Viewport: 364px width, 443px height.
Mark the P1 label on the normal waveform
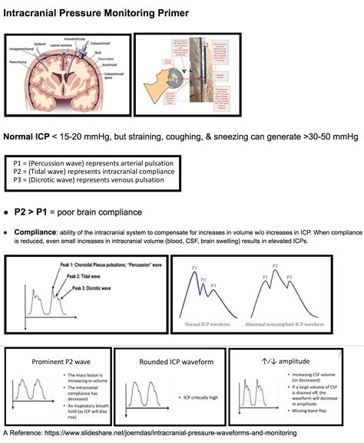pyautogui.click(x=195, y=268)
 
